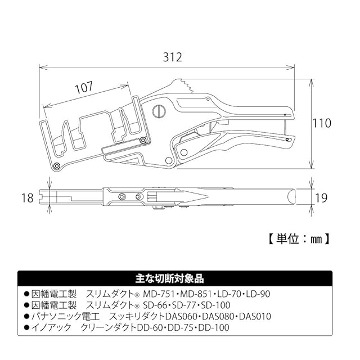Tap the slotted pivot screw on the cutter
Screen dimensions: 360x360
(159, 110)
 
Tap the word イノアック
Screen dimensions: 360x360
(48, 327)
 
